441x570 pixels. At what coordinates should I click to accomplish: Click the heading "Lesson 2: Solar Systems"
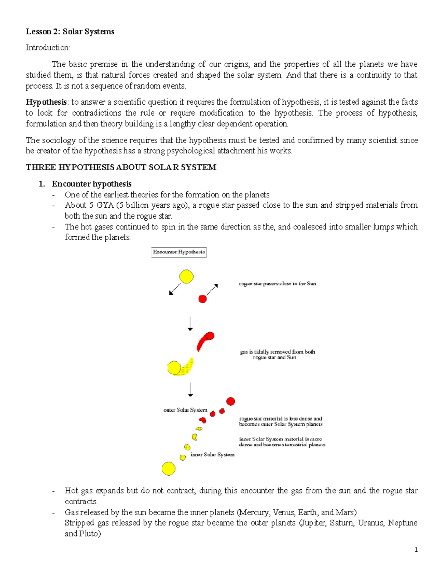pos(70,32)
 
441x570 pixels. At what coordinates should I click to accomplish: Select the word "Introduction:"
pos(48,48)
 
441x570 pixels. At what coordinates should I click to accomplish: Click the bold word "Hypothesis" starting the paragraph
pos(46,102)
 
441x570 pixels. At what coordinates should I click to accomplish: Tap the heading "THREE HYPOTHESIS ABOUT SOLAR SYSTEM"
pos(121,167)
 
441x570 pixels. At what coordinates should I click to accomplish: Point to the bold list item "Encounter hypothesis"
pos(92,184)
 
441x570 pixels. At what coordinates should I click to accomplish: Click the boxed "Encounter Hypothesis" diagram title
pos(179,252)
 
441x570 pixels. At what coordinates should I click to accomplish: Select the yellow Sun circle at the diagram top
pos(186,277)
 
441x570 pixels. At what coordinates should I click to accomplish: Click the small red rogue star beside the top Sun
pos(202,299)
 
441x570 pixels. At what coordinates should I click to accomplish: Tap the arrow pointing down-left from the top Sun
pos(175,289)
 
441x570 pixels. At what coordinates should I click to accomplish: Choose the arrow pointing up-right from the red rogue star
pos(212,290)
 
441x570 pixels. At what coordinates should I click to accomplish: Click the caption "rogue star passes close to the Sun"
pos(277,284)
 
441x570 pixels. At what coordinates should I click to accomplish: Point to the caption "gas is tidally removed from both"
pos(277,352)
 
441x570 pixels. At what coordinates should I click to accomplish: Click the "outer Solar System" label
pos(185,410)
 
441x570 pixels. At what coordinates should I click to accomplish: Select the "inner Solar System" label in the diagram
pos(212,455)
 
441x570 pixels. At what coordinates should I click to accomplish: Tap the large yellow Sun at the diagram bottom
pos(168,469)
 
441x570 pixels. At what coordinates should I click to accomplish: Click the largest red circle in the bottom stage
pos(230,401)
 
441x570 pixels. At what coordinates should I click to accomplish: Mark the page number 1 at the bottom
pos(416,550)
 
